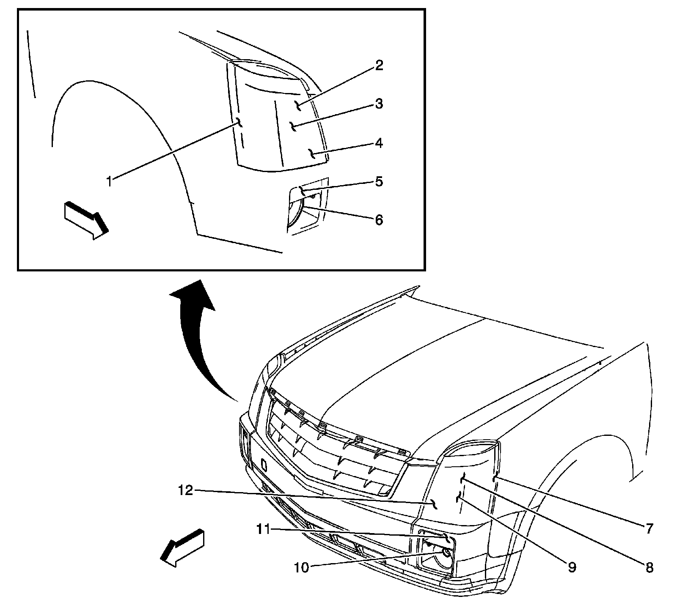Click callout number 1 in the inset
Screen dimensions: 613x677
coord(110,182)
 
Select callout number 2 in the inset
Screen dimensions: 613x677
coord(379,66)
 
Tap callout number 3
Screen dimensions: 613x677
coord(379,104)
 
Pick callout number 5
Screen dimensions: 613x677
coord(379,181)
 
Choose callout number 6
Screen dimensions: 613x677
coord(379,219)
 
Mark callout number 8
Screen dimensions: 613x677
coord(649,567)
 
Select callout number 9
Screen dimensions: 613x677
coord(572,567)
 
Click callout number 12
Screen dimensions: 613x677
coord(186,490)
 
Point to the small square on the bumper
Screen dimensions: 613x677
coord(264,465)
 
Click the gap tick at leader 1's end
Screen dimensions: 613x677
coord(239,123)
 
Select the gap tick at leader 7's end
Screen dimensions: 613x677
coord(495,478)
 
